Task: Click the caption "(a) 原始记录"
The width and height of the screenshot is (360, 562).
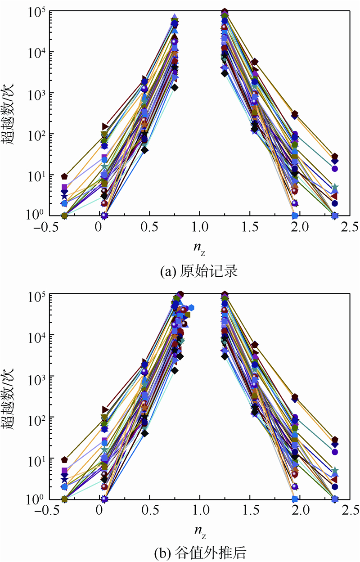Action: click(x=198, y=271)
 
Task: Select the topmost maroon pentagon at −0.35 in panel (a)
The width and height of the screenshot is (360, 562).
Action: click(x=65, y=176)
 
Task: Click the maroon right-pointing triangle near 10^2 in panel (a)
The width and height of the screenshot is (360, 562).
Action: click(x=105, y=126)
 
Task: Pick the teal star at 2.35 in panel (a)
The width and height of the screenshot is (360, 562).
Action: click(x=335, y=187)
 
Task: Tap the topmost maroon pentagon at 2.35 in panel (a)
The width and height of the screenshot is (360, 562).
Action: click(x=335, y=156)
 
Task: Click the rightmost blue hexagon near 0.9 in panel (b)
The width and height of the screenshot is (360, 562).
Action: click(x=191, y=307)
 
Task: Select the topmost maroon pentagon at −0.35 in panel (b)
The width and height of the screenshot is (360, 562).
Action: click(x=65, y=460)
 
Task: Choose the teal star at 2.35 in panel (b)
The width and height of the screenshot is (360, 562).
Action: click(x=335, y=471)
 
